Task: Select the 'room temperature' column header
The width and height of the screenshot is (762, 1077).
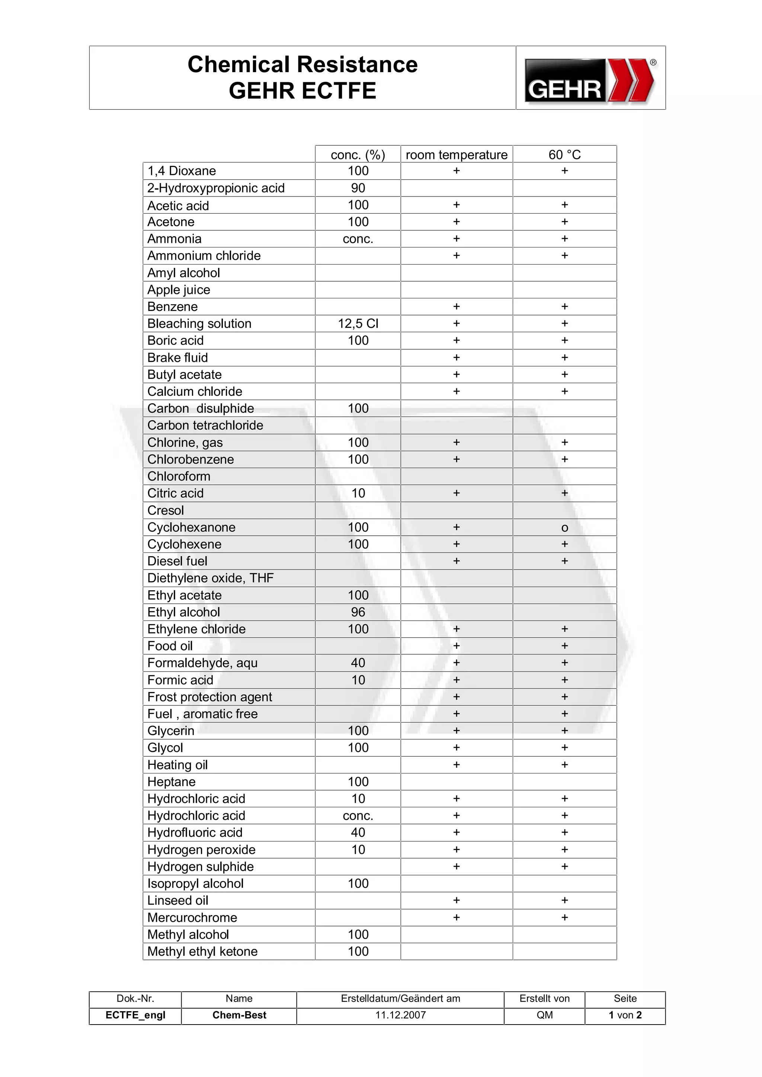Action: coord(456,155)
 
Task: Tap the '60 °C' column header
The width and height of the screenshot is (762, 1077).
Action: coord(564,155)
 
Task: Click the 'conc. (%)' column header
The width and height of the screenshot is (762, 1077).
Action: coord(358,155)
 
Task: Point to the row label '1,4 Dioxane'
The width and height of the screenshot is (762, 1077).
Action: coord(182,171)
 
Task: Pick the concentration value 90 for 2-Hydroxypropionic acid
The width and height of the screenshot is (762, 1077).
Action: coord(358,188)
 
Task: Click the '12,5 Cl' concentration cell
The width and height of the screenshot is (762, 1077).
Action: coord(358,324)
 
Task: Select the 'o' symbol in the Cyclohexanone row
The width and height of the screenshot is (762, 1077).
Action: coord(564,528)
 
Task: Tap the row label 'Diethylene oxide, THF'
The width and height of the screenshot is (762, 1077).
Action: coord(210,578)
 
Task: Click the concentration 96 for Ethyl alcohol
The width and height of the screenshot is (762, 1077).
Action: coord(358,612)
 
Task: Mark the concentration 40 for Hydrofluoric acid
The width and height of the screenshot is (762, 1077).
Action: coord(358,833)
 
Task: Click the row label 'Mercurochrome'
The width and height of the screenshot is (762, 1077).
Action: coord(192,917)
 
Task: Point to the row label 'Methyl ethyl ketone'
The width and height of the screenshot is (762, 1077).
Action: coord(202,951)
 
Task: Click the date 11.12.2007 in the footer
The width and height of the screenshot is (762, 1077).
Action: coord(400,1015)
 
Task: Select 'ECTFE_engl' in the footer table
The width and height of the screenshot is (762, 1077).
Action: coord(135,1015)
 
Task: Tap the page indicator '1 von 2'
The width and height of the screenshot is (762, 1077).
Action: coord(625,1015)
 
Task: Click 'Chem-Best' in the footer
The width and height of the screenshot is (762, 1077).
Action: coord(239,1015)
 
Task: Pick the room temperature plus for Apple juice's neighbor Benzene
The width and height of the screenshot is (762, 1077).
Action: coord(456,307)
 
